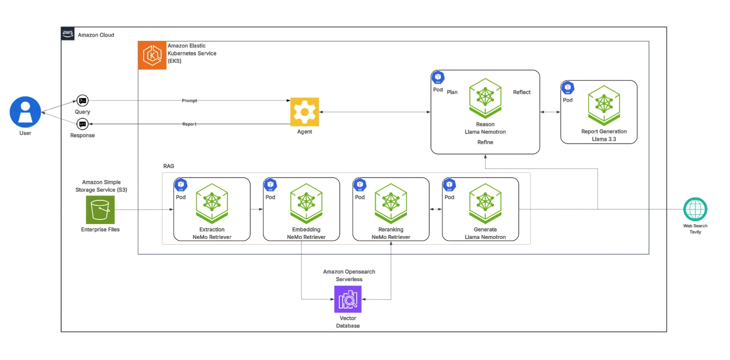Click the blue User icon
(x=25, y=112)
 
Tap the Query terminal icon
(x=83, y=100)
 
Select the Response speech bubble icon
(x=83, y=124)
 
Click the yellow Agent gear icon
(x=305, y=112)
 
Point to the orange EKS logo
(x=152, y=55)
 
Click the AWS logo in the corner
(x=68, y=34)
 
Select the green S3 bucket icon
(x=100, y=210)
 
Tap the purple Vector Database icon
(x=348, y=299)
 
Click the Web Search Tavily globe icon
(x=695, y=209)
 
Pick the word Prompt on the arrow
(x=189, y=101)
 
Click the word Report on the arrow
(x=189, y=124)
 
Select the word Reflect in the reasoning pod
(x=522, y=92)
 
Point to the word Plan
(x=452, y=92)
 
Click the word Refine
(x=485, y=142)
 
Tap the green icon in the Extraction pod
(x=212, y=203)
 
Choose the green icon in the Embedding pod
(x=306, y=203)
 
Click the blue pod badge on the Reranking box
(x=360, y=185)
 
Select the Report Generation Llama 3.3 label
(x=604, y=135)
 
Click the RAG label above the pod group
(x=168, y=166)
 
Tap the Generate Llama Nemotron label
(x=485, y=233)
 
